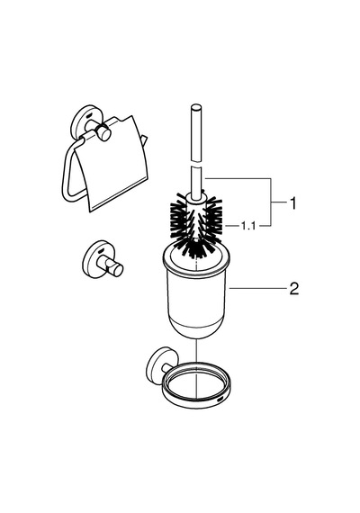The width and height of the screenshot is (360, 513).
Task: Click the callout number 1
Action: (293, 202)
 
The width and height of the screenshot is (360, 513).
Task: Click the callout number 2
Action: (294, 288)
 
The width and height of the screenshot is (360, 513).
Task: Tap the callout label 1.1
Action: (248, 225)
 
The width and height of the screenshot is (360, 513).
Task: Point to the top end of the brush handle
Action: (196, 107)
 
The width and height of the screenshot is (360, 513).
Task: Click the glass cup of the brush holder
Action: (195, 292)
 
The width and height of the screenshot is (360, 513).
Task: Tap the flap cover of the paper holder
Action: (112, 166)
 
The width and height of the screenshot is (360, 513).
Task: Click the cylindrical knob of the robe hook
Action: (117, 268)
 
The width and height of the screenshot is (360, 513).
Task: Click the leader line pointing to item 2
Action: (257, 288)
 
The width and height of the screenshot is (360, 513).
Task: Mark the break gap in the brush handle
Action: (196, 163)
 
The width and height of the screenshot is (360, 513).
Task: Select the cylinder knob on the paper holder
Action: (103, 133)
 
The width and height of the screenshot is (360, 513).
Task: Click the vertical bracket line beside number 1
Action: (271, 202)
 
